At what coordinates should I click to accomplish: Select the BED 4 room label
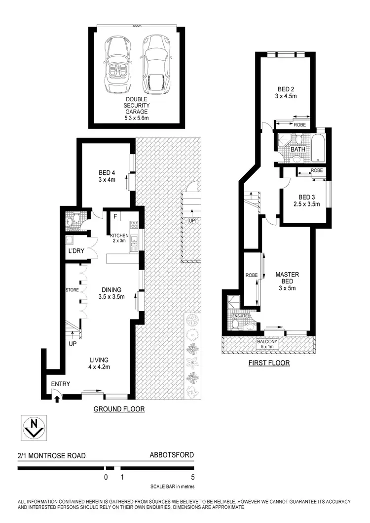point(107,176)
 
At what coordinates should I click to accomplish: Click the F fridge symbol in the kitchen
point(115,216)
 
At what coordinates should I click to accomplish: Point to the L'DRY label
point(76,251)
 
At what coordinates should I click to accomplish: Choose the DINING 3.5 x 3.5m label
point(111,293)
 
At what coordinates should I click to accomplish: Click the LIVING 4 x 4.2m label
point(99,363)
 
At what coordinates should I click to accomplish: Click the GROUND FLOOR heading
point(119,409)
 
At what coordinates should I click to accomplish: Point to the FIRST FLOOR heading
point(269,363)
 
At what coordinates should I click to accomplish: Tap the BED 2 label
point(283,93)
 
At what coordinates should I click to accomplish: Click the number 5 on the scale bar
point(193,477)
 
